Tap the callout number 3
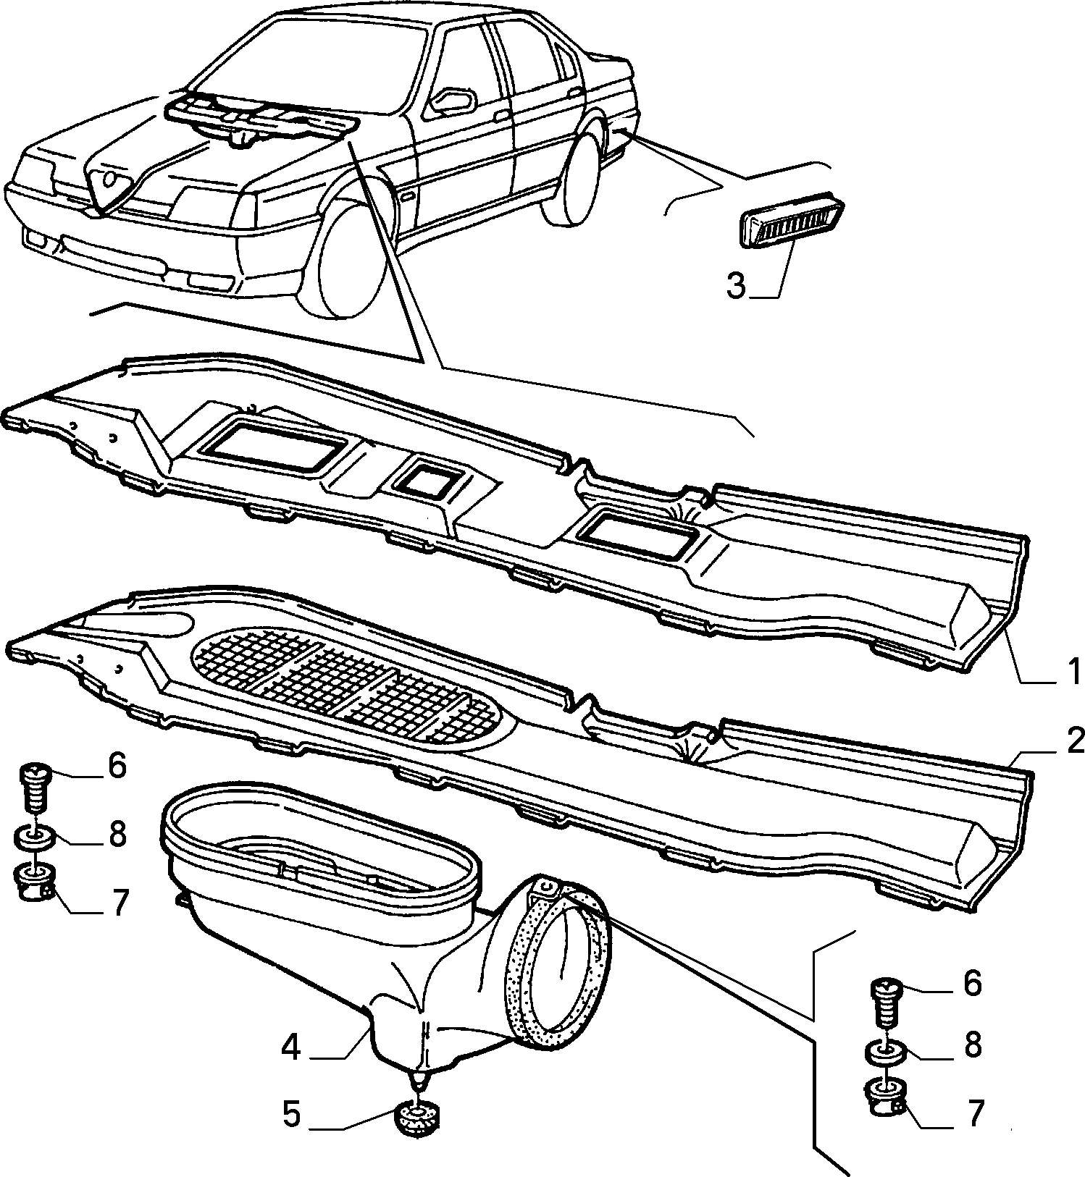pos(736,287)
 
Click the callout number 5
pos(291,1115)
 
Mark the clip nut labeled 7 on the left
pos(33,882)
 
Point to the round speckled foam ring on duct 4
pos(562,971)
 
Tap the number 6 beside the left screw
pos(116,767)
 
